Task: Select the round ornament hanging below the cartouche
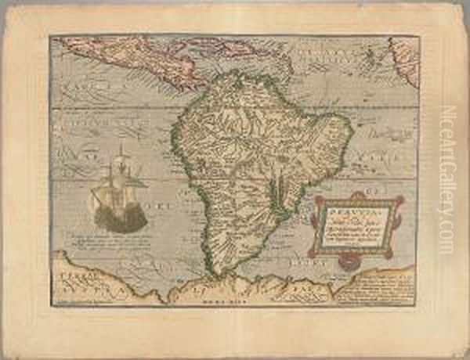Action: pyautogui.click(x=356, y=262)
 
